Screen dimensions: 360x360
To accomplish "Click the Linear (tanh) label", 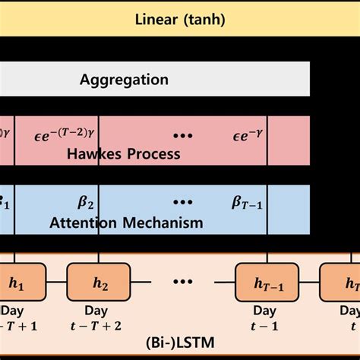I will click(180, 19).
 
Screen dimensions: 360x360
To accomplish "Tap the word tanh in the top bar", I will click(204, 19).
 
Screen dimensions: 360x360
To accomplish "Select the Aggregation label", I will click(124, 79).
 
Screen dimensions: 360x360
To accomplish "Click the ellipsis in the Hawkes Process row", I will click(183, 135).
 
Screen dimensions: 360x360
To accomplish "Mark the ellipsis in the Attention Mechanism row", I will click(183, 203).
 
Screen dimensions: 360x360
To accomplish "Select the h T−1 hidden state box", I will click(264, 283).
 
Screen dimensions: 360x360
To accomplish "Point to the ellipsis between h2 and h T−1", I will click(183, 283).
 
